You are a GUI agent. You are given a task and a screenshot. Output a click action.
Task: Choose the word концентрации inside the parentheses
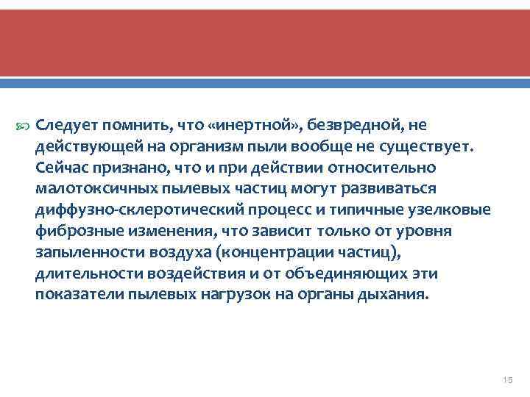311,252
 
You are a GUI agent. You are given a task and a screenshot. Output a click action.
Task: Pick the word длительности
81,273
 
